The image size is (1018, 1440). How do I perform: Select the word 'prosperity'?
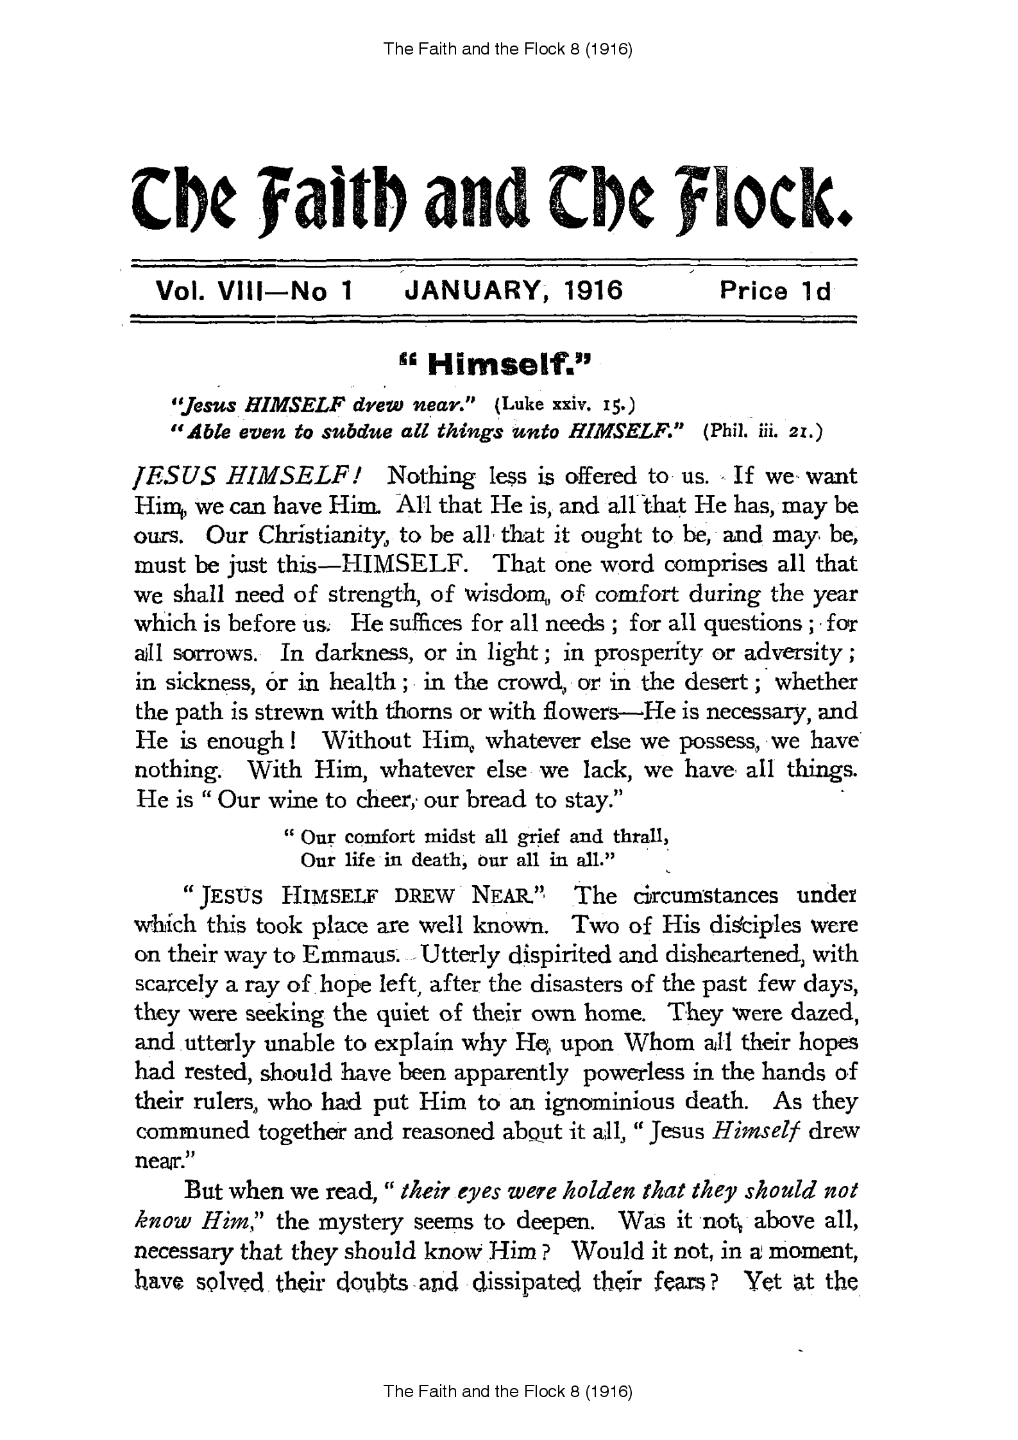click(648, 654)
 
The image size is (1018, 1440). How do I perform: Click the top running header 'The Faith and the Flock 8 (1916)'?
click(508, 49)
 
